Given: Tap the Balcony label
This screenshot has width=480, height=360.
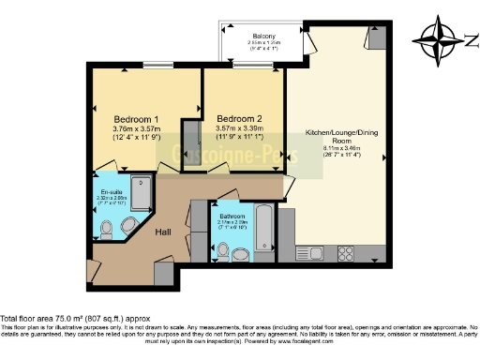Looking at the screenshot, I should pyautogui.click(x=263, y=37).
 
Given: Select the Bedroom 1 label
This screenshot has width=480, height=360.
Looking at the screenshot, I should pyautogui.click(x=136, y=119).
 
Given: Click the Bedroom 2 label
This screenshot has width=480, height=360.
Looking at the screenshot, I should pyautogui.click(x=238, y=119).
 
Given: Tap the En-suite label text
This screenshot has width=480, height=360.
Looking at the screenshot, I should pyautogui.click(x=112, y=193).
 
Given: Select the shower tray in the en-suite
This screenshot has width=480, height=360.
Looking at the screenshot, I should pyautogui.click(x=142, y=193).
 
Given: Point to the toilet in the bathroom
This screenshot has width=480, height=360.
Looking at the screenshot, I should pyautogui.click(x=222, y=250).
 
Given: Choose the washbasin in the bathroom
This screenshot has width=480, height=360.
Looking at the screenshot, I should pyautogui.click(x=242, y=253).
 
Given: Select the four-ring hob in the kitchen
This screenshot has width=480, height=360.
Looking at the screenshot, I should pyautogui.click(x=345, y=252).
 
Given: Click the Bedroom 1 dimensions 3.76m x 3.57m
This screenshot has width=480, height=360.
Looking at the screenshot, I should pyautogui.click(x=135, y=130).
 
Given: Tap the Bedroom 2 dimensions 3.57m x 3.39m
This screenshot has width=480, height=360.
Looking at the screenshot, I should pyautogui.click(x=238, y=130).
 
